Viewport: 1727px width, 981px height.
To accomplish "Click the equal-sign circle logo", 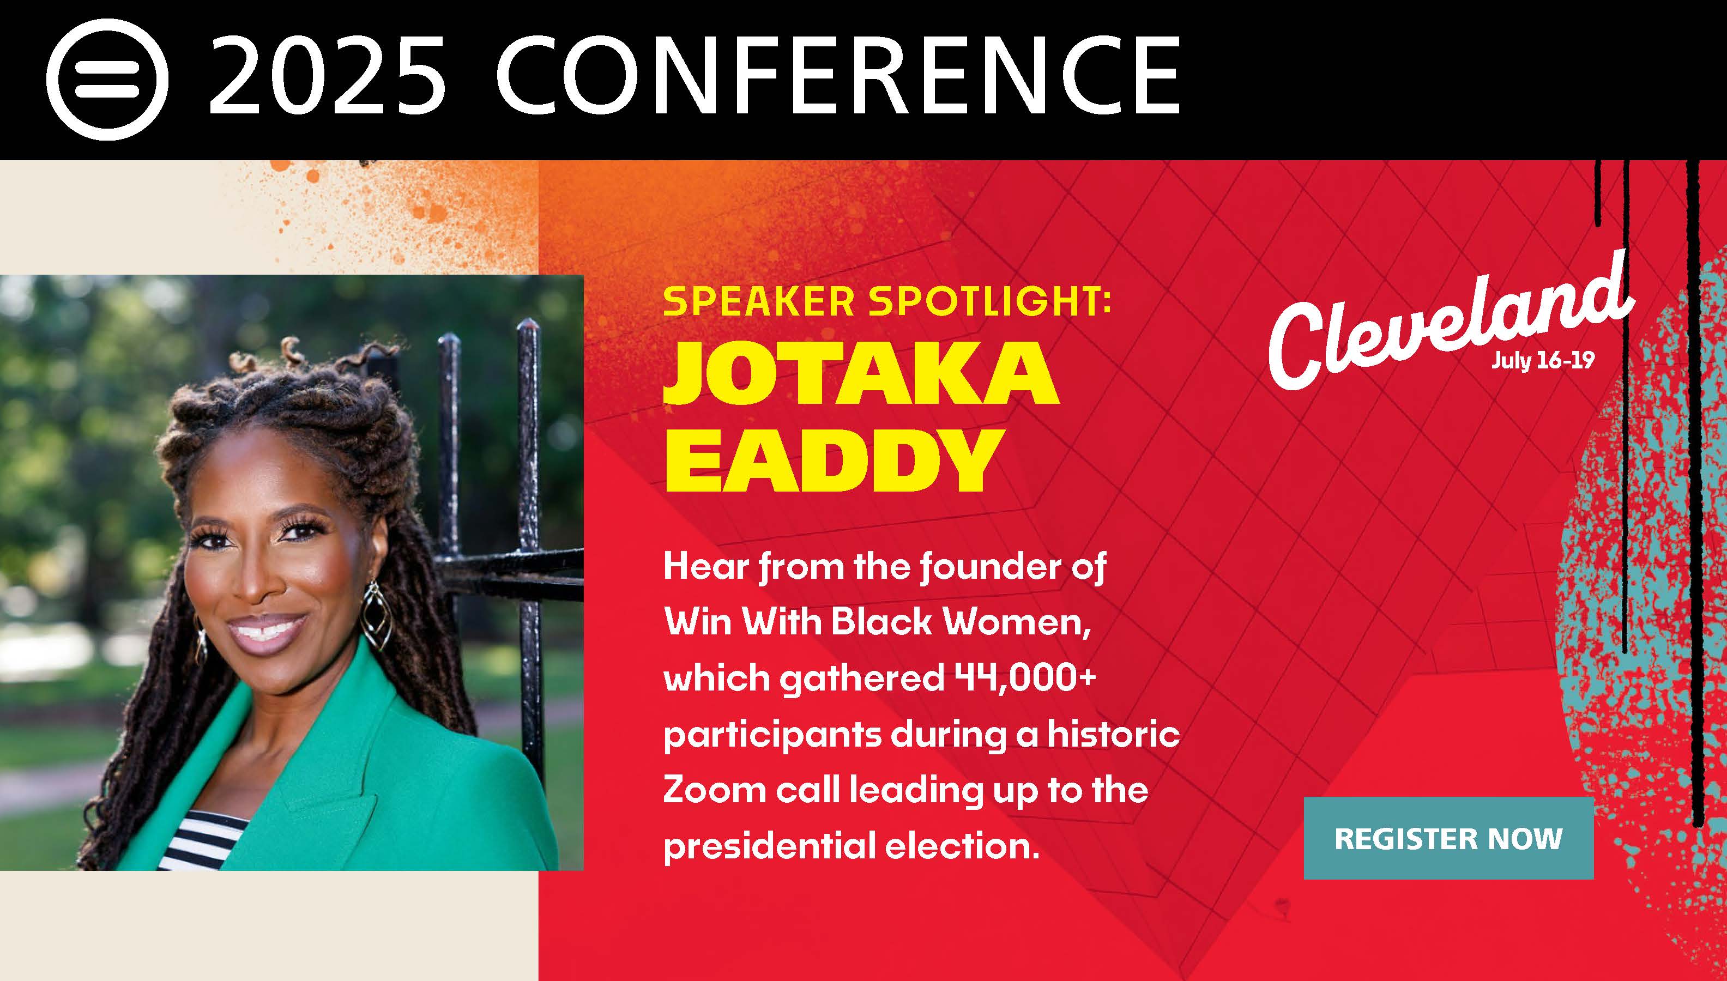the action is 107,80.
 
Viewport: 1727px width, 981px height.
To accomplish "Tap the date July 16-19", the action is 1542,361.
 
